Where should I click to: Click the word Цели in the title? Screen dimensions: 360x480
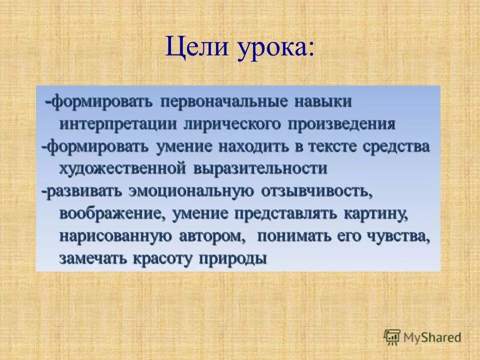193,49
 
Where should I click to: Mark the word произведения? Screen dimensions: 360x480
341,124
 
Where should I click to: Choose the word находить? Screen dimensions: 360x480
256,146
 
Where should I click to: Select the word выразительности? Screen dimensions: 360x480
260,169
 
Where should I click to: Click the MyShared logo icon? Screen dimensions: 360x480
392,337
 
